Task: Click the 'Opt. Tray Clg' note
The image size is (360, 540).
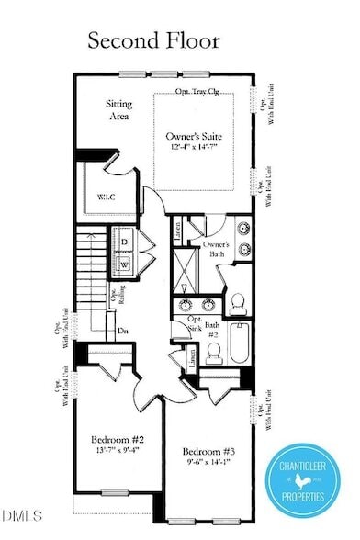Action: (x=199, y=92)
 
